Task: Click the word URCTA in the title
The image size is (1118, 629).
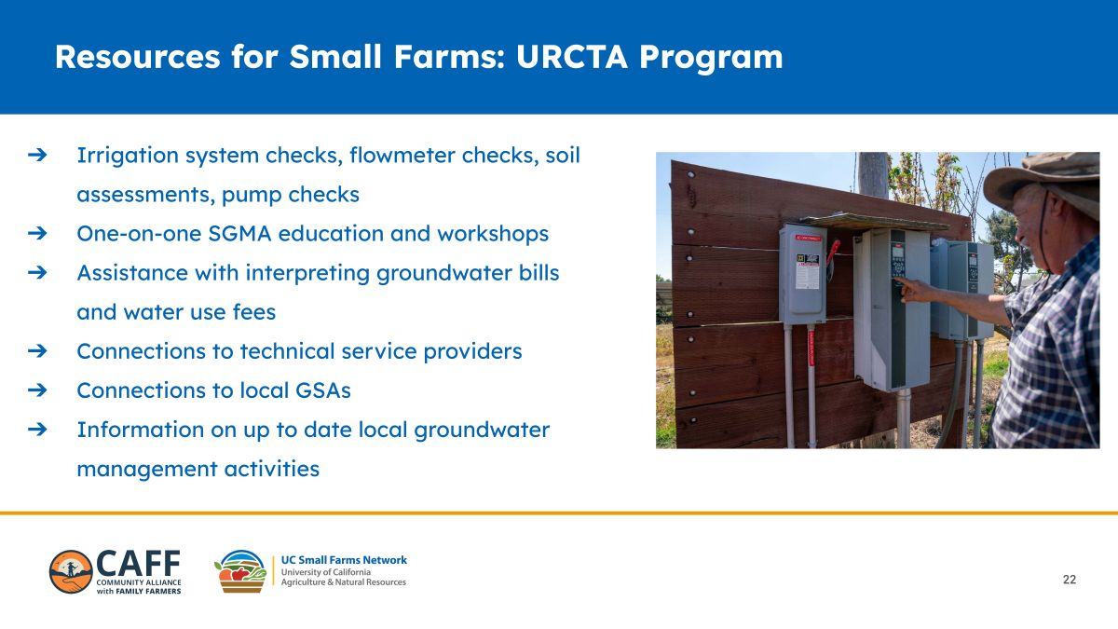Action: tap(571, 57)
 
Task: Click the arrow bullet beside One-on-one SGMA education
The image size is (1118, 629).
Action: tap(37, 233)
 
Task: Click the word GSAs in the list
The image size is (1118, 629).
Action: tap(323, 390)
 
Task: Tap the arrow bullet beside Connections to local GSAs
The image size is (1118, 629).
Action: tap(37, 390)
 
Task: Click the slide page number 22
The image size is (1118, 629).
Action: tap(1070, 580)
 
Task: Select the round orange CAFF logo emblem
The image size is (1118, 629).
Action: tap(71, 572)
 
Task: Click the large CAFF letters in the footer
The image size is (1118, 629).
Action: tap(138, 564)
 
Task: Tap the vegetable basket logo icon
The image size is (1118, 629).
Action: tap(240, 571)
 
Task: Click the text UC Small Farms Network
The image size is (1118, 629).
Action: tap(344, 560)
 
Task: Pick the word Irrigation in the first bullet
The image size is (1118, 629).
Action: tap(128, 156)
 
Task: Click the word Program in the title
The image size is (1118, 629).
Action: tap(711, 58)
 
